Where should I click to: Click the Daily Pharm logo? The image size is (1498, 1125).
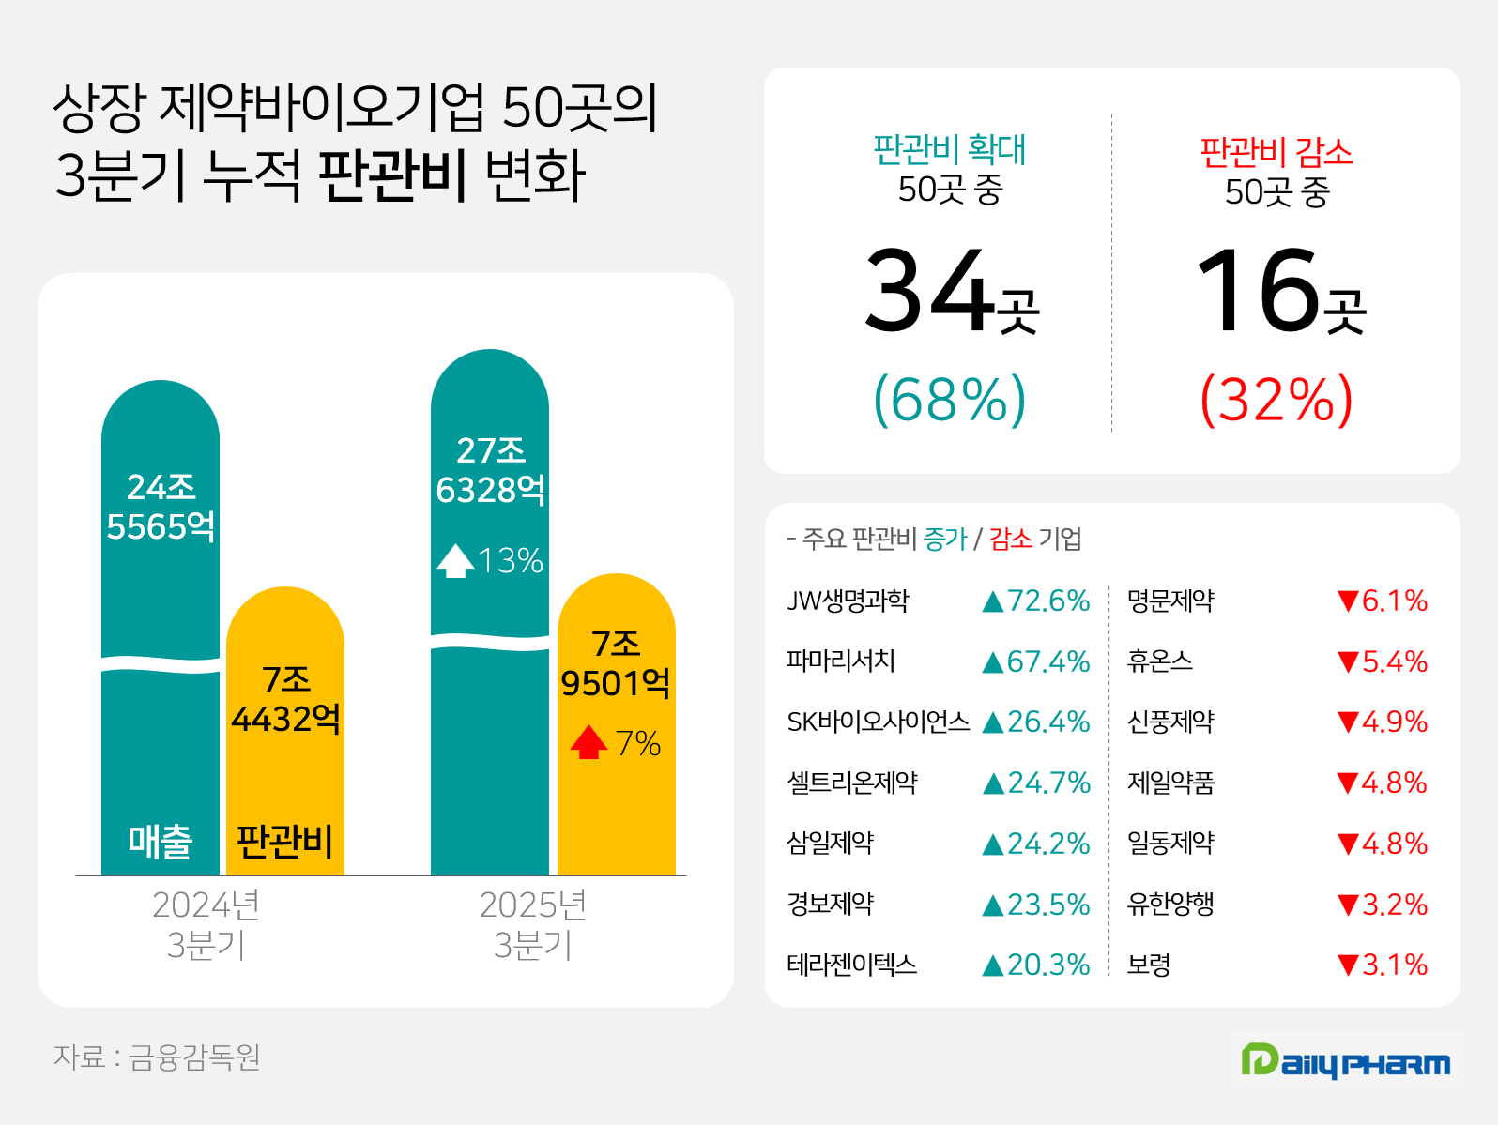1346,1061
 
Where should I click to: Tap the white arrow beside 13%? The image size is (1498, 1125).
455,560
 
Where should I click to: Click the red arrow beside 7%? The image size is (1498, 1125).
588,742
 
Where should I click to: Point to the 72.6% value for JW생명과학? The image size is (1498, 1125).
1036,601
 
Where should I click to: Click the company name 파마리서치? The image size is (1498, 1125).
841,661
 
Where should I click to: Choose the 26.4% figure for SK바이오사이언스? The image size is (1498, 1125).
1036,722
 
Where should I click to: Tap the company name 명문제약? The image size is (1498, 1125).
1170,601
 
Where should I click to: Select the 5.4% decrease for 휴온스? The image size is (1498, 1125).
1383,661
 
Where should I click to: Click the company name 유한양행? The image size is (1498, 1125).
1170,904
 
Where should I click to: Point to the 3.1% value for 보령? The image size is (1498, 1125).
1383,965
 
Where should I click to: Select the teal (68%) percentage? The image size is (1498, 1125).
950,400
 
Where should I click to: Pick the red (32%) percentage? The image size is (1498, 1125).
1276,400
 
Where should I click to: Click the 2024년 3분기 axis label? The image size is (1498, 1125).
206,924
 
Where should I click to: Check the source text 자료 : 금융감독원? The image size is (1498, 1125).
157,1057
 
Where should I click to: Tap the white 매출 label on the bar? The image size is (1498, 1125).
160,842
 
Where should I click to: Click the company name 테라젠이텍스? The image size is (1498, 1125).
851,965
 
